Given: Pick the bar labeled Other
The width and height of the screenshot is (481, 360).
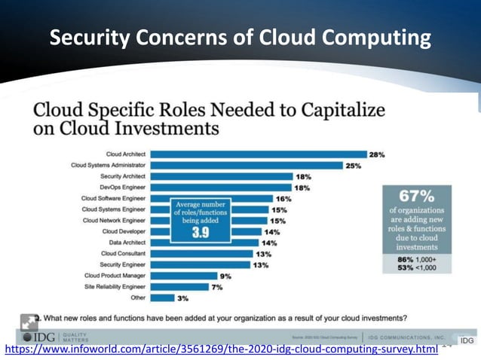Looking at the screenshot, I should [162, 298].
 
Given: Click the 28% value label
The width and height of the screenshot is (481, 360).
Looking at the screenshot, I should [377, 154].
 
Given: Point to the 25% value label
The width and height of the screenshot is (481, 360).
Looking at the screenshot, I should [354, 165].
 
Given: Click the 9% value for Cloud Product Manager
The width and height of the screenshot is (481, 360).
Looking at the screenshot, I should [225, 276].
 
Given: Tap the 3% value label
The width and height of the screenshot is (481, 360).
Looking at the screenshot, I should [182, 298].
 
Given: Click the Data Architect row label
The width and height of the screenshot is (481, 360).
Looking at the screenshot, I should [126, 243].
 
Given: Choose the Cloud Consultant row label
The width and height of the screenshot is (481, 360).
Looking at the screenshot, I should [123, 254].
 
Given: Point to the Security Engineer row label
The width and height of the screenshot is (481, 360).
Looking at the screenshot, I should [123, 264].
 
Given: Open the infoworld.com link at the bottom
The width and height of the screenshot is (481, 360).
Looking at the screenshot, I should [222, 351].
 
